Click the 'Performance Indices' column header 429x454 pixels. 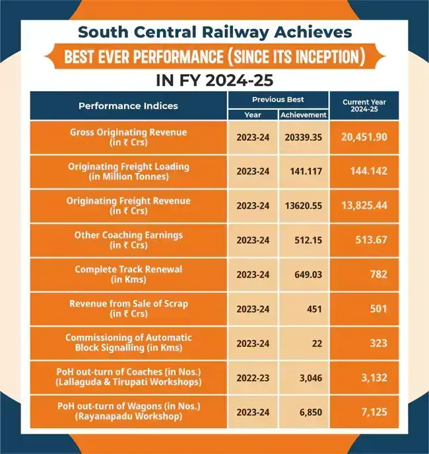tap(128, 106)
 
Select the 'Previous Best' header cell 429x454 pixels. tap(278, 99)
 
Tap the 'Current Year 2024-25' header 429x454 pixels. tap(364, 106)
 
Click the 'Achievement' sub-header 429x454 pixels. tap(304, 114)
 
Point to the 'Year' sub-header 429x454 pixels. tap(253, 114)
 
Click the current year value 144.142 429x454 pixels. tap(368, 171)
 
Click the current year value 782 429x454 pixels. tap(378, 274)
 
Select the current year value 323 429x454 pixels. tap(378, 343)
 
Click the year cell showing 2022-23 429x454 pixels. tap(253, 377)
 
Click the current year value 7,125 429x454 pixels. tap(374, 412)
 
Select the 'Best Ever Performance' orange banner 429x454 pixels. tap(214, 57)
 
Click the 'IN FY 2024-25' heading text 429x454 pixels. tap(214, 80)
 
